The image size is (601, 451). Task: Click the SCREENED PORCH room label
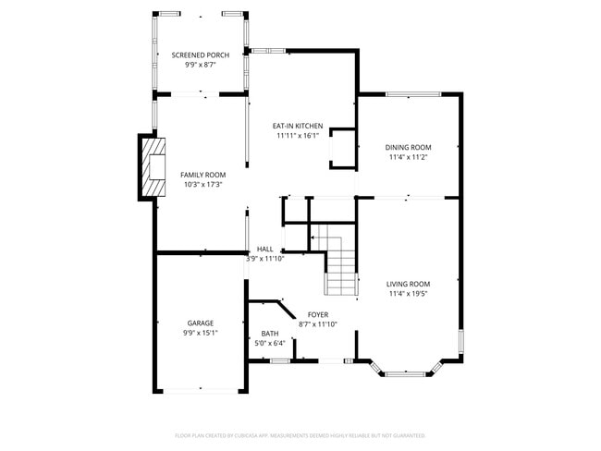[x=200, y=55]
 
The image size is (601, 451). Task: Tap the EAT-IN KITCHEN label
[x=297, y=126]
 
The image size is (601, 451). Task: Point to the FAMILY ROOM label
[x=202, y=175]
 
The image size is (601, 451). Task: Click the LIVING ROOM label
[x=408, y=284]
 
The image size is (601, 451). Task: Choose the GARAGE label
[x=200, y=323]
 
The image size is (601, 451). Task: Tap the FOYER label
[x=318, y=314]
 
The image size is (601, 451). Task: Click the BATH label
[x=270, y=334]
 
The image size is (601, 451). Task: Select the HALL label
[x=264, y=250]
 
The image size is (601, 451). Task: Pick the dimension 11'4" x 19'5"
[x=408, y=294]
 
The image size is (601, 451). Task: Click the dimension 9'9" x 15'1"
[x=200, y=334]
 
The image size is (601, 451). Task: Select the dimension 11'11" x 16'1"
[x=297, y=136]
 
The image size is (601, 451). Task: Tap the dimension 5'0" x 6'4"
[x=270, y=344]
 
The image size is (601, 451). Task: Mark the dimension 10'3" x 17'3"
[x=202, y=185]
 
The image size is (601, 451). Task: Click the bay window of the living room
[x=408, y=374]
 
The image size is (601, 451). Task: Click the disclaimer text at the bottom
[x=300, y=434]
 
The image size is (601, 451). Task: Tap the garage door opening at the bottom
[x=201, y=391]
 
